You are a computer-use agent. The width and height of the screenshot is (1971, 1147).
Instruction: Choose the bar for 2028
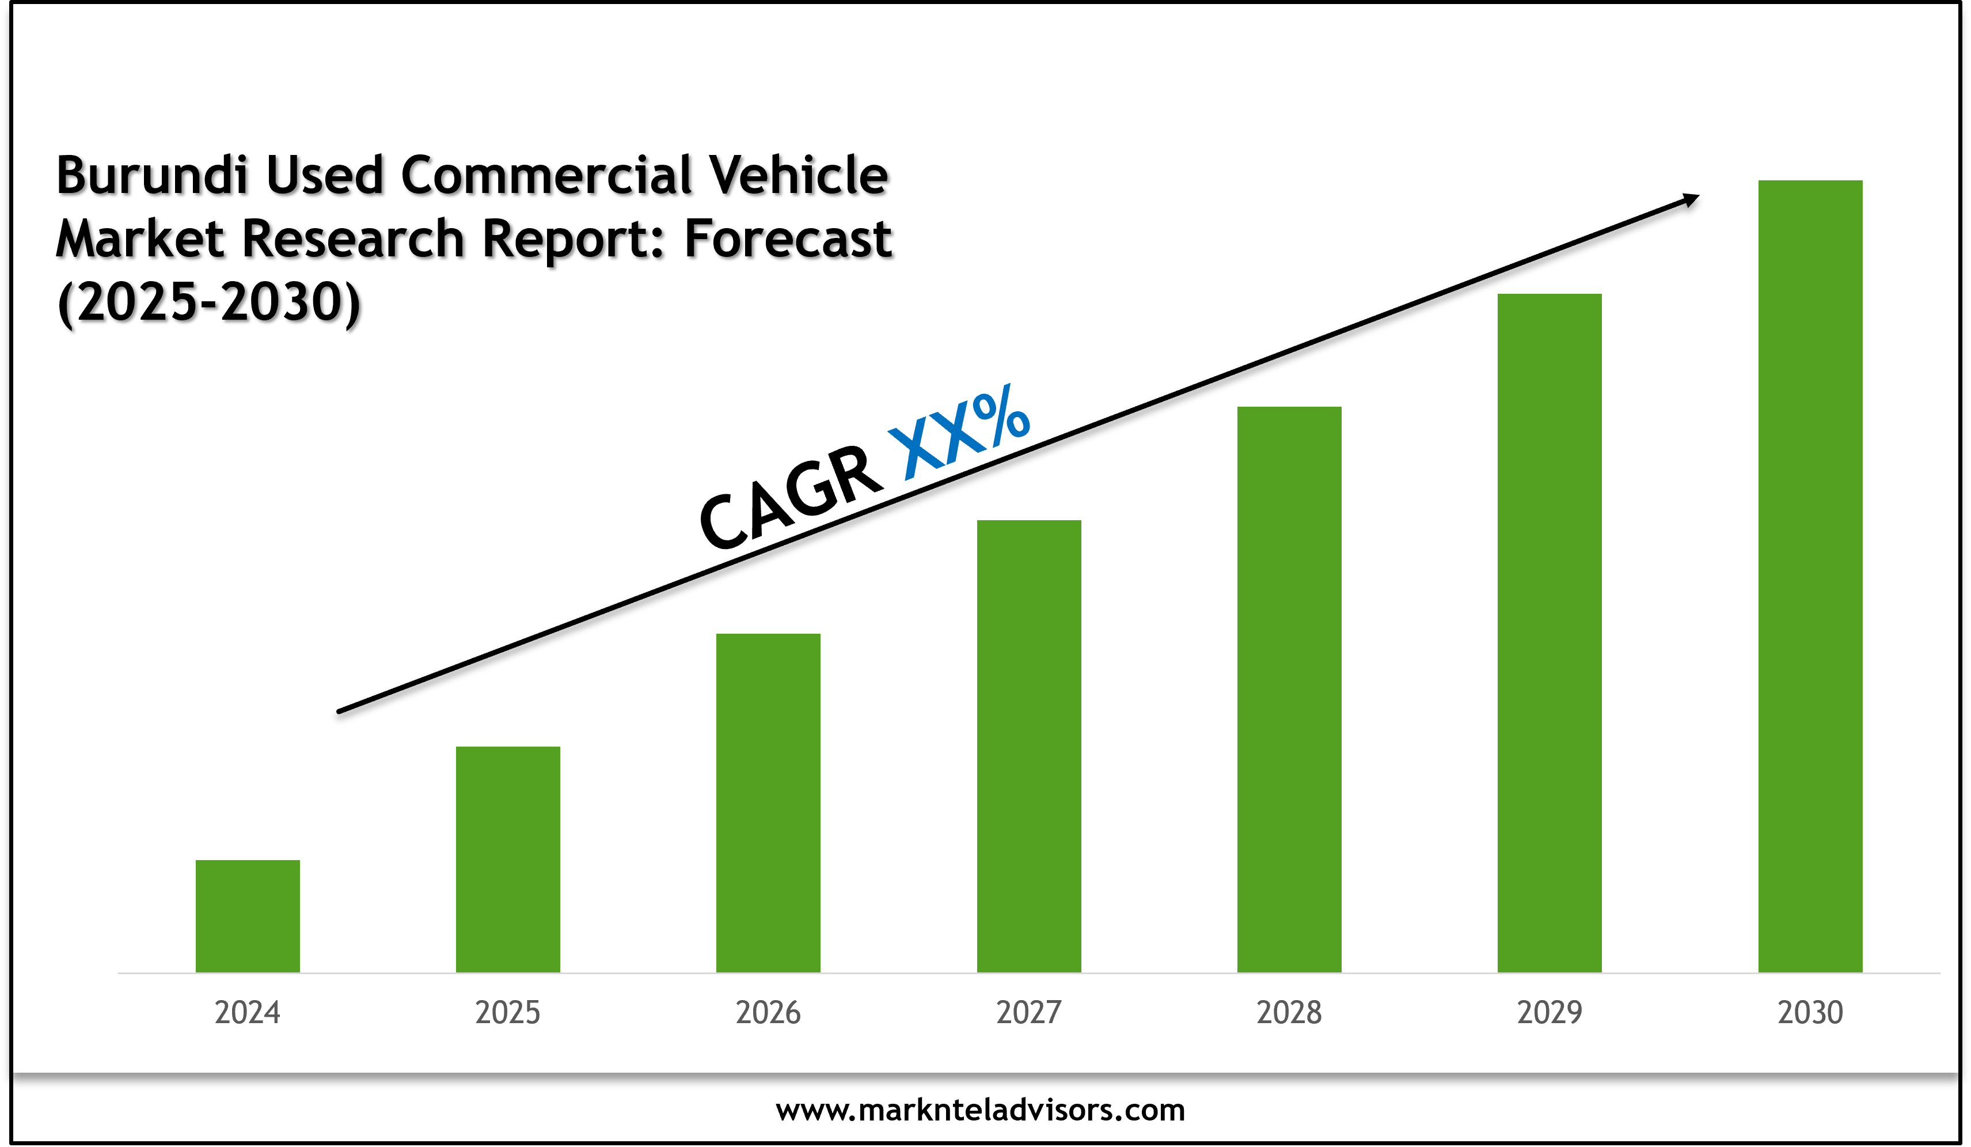1289,690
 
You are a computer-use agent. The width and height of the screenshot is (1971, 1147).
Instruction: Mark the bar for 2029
1550,633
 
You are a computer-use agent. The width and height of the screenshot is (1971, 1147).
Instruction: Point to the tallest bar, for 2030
1810,576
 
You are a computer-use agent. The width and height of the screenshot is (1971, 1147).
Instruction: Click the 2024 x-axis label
247,1012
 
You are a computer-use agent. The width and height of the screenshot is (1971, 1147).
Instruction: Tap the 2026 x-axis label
768,1012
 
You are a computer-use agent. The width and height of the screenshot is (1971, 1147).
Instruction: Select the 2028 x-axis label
1289,1012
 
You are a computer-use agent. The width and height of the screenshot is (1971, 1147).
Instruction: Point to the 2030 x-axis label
1810,1012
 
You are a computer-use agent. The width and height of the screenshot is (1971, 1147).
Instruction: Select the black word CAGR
790,499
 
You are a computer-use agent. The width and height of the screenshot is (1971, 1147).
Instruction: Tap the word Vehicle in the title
798,175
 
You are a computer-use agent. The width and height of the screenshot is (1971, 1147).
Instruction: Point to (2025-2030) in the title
209,303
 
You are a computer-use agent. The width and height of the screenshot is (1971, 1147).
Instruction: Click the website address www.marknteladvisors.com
980,1110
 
